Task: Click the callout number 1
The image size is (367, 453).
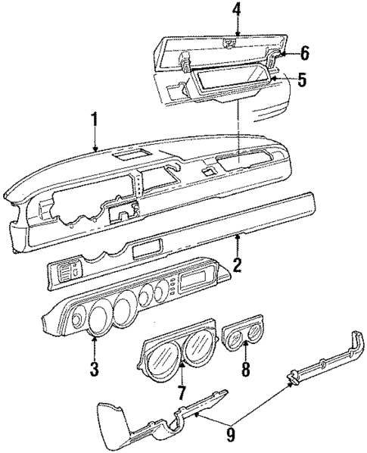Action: pyautogui.click(x=95, y=120)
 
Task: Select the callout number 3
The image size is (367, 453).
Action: pyautogui.click(x=95, y=370)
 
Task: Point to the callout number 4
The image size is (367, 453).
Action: pyautogui.click(x=237, y=11)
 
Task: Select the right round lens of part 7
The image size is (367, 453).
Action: pyautogui.click(x=198, y=348)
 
